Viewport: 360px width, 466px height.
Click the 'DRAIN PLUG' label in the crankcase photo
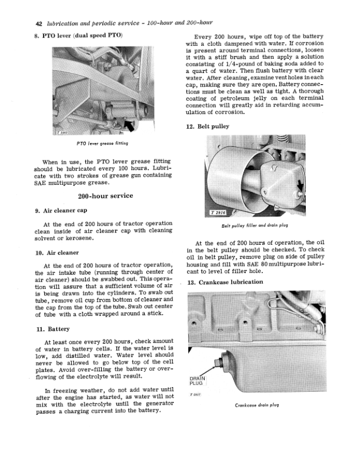point(196,380)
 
